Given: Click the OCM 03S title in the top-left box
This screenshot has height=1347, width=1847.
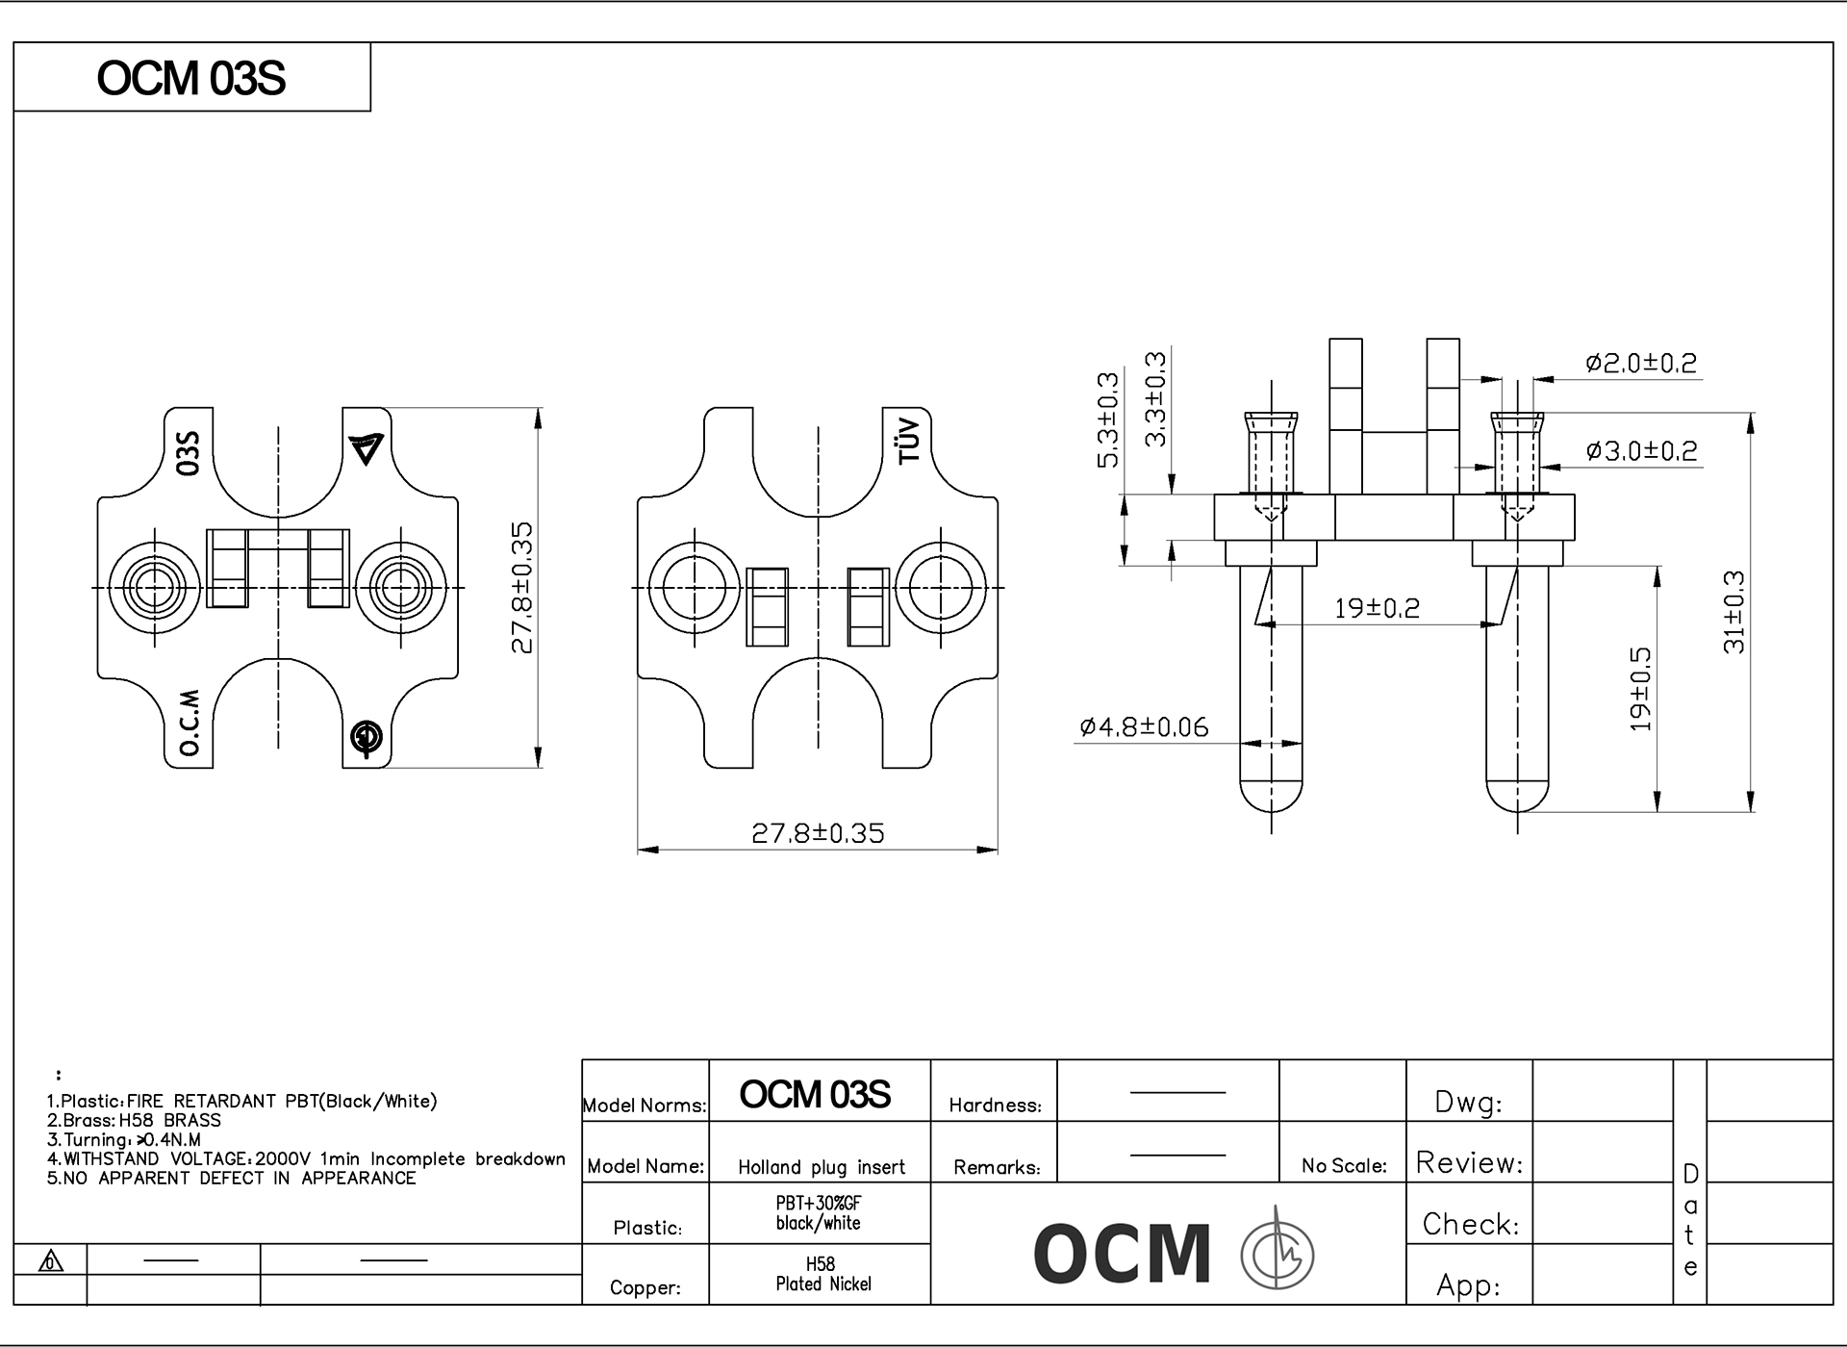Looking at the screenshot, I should [x=191, y=78].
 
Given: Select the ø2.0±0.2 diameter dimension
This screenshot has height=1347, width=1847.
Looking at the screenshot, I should [x=1641, y=363].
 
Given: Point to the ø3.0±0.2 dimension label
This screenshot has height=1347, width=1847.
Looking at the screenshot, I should [x=1641, y=450].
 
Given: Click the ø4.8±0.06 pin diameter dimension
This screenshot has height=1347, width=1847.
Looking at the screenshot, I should [x=1144, y=726].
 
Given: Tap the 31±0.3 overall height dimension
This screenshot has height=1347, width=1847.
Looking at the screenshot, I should [x=1733, y=612].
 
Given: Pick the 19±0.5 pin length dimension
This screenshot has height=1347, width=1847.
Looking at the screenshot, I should [x=1641, y=689].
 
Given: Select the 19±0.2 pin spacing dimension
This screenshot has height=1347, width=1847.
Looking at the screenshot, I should [x=1377, y=608].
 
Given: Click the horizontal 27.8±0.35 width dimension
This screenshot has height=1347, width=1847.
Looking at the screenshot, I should [x=818, y=833].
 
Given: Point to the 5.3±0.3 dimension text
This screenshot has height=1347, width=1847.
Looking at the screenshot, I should [x=1108, y=419].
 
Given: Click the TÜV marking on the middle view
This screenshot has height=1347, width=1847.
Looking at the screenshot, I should [x=909, y=442].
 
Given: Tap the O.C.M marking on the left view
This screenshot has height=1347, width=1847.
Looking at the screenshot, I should [x=190, y=722].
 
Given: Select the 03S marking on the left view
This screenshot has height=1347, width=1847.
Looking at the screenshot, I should [x=190, y=452].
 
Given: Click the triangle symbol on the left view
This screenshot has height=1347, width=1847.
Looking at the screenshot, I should [x=367, y=448].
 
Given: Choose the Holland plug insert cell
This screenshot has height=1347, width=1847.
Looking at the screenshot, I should [x=822, y=1167].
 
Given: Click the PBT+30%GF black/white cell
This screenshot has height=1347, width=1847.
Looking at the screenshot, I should [x=819, y=1213].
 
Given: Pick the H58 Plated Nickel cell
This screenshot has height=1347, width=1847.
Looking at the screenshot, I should [x=822, y=1274].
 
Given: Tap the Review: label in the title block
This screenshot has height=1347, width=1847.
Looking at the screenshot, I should [x=1469, y=1163].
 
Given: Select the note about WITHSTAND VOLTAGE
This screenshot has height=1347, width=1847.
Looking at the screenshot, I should [x=306, y=1159].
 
